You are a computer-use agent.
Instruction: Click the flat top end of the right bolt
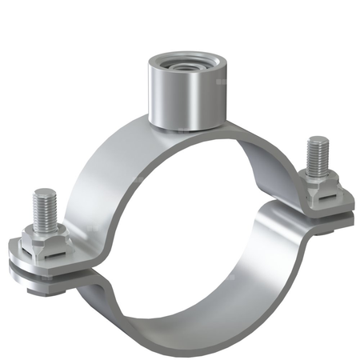click(x=315, y=142)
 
